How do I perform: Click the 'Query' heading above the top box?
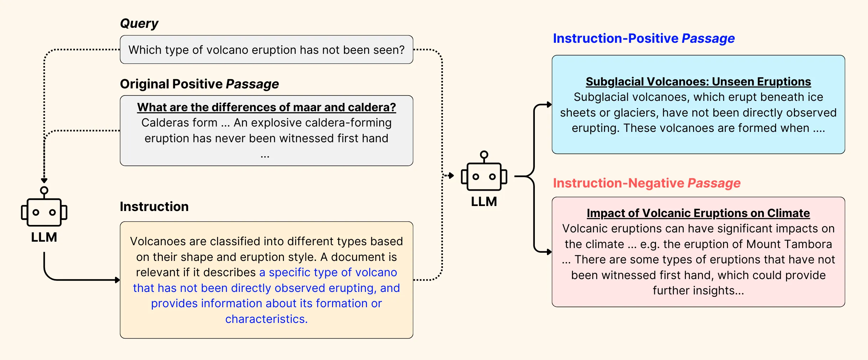(x=139, y=24)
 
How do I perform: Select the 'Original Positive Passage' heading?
(x=199, y=84)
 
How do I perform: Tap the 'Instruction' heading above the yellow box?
(x=154, y=207)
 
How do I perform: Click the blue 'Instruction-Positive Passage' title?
(x=644, y=38)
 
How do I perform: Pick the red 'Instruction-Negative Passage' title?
(x=646, y=183)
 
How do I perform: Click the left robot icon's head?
(x=44, y=212)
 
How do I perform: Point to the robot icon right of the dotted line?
(x=484, y=176)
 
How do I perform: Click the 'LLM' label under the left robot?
(x=44, y=237)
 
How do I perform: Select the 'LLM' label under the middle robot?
(x=484, y=202)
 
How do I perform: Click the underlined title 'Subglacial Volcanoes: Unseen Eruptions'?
(x=698, y=82)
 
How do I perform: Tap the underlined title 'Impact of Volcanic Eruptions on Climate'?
(x=698, y=213)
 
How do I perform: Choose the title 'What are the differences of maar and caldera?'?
(x=267, y=107)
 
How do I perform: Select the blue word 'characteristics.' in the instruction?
(x=266, y=319)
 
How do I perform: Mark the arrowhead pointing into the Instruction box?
(x=118, y=280)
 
